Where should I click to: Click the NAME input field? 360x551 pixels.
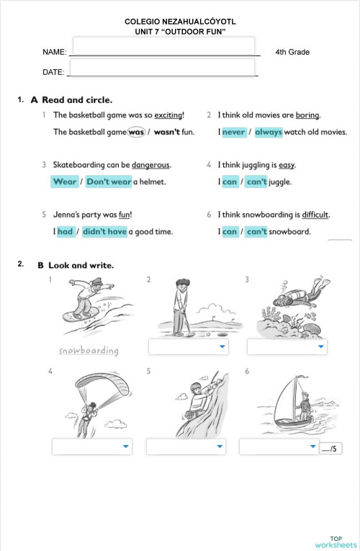(163, 47)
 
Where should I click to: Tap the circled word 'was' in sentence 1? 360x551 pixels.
(136, 133)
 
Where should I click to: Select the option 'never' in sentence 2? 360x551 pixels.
(234, 133)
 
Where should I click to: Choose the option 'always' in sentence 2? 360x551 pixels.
(269, 133)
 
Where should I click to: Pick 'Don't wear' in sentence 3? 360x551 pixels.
(109, 182)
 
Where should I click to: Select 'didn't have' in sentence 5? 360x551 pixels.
(104, 231)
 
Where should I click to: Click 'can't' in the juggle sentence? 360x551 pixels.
(256, 182)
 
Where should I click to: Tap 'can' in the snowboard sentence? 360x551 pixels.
(230, 231)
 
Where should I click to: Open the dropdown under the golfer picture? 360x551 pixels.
(188, 347)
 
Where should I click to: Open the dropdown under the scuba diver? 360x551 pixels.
(287, 347)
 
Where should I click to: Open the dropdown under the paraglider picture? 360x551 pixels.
(91, 447)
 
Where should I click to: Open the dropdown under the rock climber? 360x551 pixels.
(186, 447)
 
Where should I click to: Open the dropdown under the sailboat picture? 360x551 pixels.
(279, 447)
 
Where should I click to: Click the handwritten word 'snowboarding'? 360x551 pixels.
(89, 351)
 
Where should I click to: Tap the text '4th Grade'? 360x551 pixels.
(292, 53)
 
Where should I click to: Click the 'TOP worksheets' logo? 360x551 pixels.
(336, 542)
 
